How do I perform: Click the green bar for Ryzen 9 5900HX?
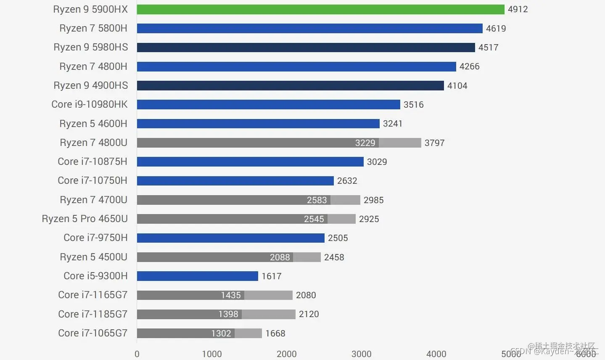click(320, 9)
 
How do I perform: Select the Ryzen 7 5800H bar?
click(309, 28)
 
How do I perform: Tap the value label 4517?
click(488, 48)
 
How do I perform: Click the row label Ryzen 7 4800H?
click(93, 66)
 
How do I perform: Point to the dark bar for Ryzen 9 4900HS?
click(290, 85)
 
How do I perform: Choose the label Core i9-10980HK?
click(89, 104)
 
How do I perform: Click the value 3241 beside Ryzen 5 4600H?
click(392, 124)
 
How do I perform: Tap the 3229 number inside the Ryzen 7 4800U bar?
click(365, 143)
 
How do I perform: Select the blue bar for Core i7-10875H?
click(250, 161)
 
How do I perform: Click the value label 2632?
click(347, 181)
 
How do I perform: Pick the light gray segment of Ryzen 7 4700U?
click(345, 200)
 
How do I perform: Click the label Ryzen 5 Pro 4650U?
click(85, 219)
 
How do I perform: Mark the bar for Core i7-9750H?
click(230, 238)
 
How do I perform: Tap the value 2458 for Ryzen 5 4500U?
click(334, 257)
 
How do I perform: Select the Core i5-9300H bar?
click(197, 276)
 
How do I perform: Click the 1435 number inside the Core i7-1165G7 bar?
click(230, 295)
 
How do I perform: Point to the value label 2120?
click(309, 314)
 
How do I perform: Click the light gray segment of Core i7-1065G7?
click(248, 333)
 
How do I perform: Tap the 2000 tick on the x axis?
click(286, 354)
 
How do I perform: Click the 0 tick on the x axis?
click(137, 354)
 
